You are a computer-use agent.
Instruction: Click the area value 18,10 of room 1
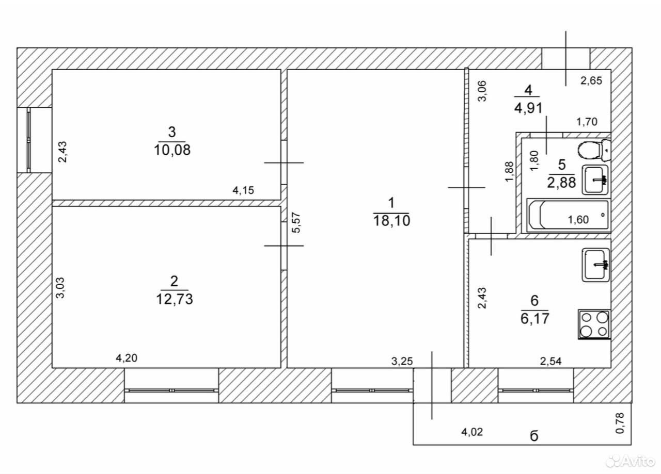391,221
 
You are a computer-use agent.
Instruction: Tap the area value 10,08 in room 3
172,150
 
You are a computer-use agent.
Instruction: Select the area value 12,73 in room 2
175,299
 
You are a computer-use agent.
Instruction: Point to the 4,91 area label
528,108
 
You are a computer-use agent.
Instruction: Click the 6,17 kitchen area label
534,319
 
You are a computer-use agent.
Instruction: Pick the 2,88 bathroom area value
561,183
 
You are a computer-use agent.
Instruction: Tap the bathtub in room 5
569,215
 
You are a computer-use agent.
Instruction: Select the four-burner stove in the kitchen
594,324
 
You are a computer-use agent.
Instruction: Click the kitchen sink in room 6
596,265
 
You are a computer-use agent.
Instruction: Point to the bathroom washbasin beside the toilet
595,180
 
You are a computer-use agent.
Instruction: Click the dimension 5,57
296,222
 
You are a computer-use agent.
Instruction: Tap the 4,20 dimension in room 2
127,358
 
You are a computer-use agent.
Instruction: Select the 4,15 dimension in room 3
243,190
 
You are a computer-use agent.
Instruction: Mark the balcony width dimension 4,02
472,432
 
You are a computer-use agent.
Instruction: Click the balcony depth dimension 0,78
620,423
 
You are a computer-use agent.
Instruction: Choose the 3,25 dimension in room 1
402,361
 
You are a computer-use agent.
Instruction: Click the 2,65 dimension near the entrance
591,80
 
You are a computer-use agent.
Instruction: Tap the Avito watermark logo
631,462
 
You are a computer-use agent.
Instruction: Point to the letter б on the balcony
534,436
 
